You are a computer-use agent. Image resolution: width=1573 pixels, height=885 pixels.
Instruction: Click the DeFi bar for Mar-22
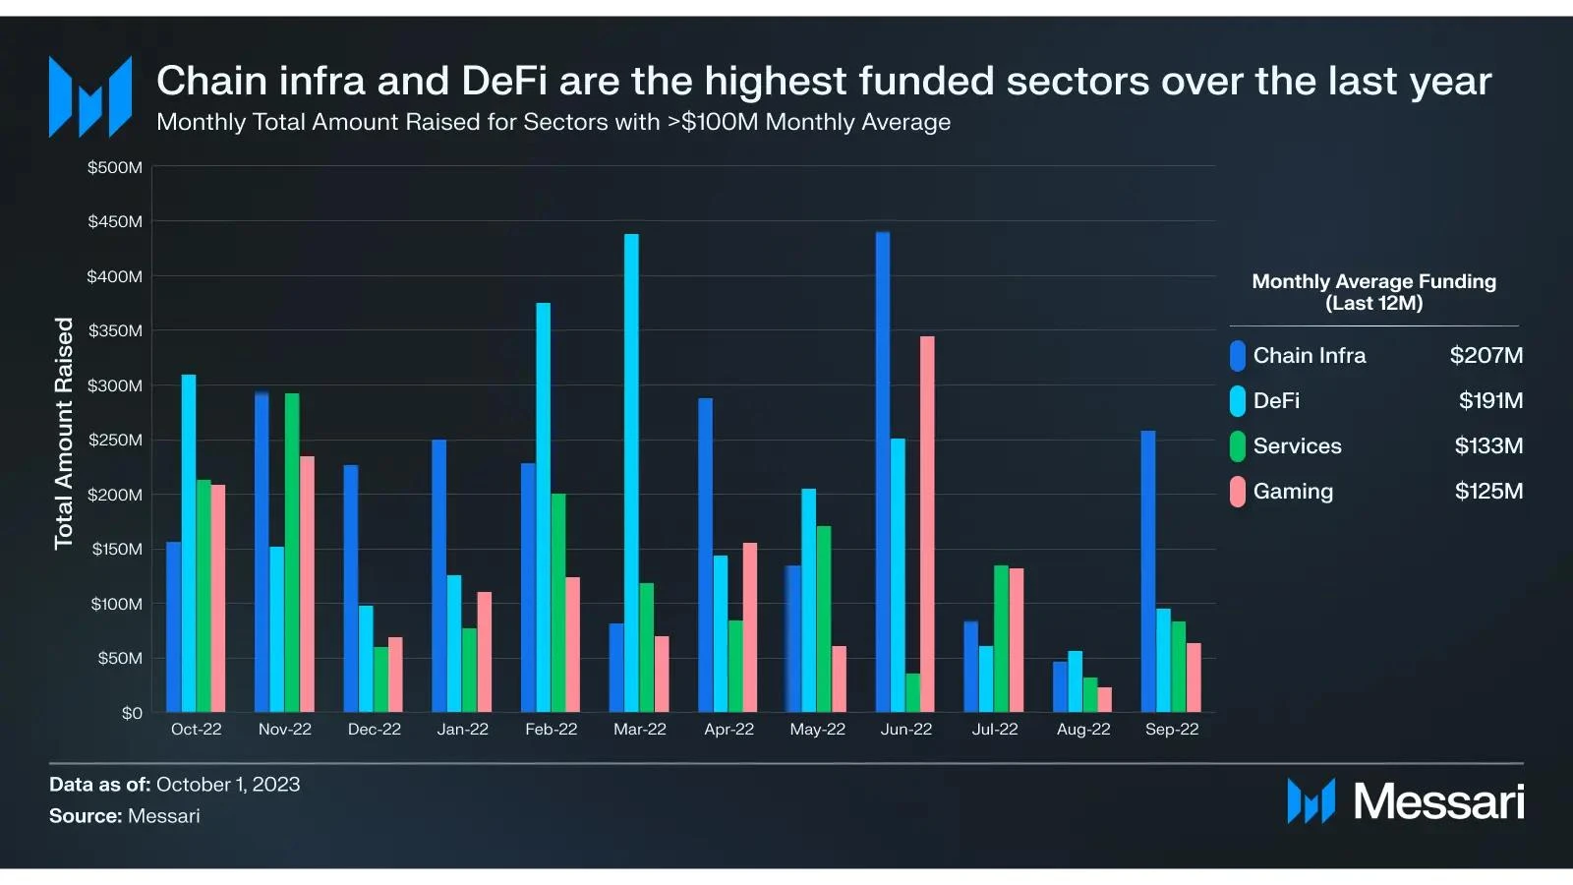[631, 472]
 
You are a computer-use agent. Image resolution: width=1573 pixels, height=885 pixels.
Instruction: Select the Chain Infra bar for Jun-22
[883, 472]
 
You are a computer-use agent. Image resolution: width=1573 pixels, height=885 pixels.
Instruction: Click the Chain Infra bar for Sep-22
[1148, 571]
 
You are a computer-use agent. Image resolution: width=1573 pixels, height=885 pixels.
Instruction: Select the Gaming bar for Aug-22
[1105, 699]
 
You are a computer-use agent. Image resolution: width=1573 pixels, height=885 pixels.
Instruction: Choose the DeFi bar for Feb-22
[543, 507]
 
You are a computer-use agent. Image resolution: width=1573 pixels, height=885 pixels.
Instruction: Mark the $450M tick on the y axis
[115, 222]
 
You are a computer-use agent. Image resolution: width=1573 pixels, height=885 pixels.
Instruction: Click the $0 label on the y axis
[132, 713]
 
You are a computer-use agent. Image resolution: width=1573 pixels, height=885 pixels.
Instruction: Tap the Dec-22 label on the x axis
[375, 730]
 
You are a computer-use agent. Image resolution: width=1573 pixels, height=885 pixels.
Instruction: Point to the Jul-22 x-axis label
[995, 730]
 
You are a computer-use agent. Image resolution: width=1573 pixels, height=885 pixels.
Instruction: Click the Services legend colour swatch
[1238, 446]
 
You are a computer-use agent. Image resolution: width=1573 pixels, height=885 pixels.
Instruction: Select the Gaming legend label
[1293, 492]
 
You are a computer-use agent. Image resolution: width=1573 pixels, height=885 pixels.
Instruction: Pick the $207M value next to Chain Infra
[1486, 356]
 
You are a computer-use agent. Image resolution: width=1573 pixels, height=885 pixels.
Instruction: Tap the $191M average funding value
[1490, 401]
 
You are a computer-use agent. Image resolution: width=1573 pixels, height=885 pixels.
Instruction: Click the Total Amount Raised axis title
[64, 433]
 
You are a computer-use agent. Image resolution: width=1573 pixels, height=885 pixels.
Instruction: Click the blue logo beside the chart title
[90, 96]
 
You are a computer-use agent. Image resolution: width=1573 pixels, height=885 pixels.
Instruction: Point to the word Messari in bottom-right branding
[1438, 802]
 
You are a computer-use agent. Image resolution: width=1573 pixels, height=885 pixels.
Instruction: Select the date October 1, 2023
[228, 785]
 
